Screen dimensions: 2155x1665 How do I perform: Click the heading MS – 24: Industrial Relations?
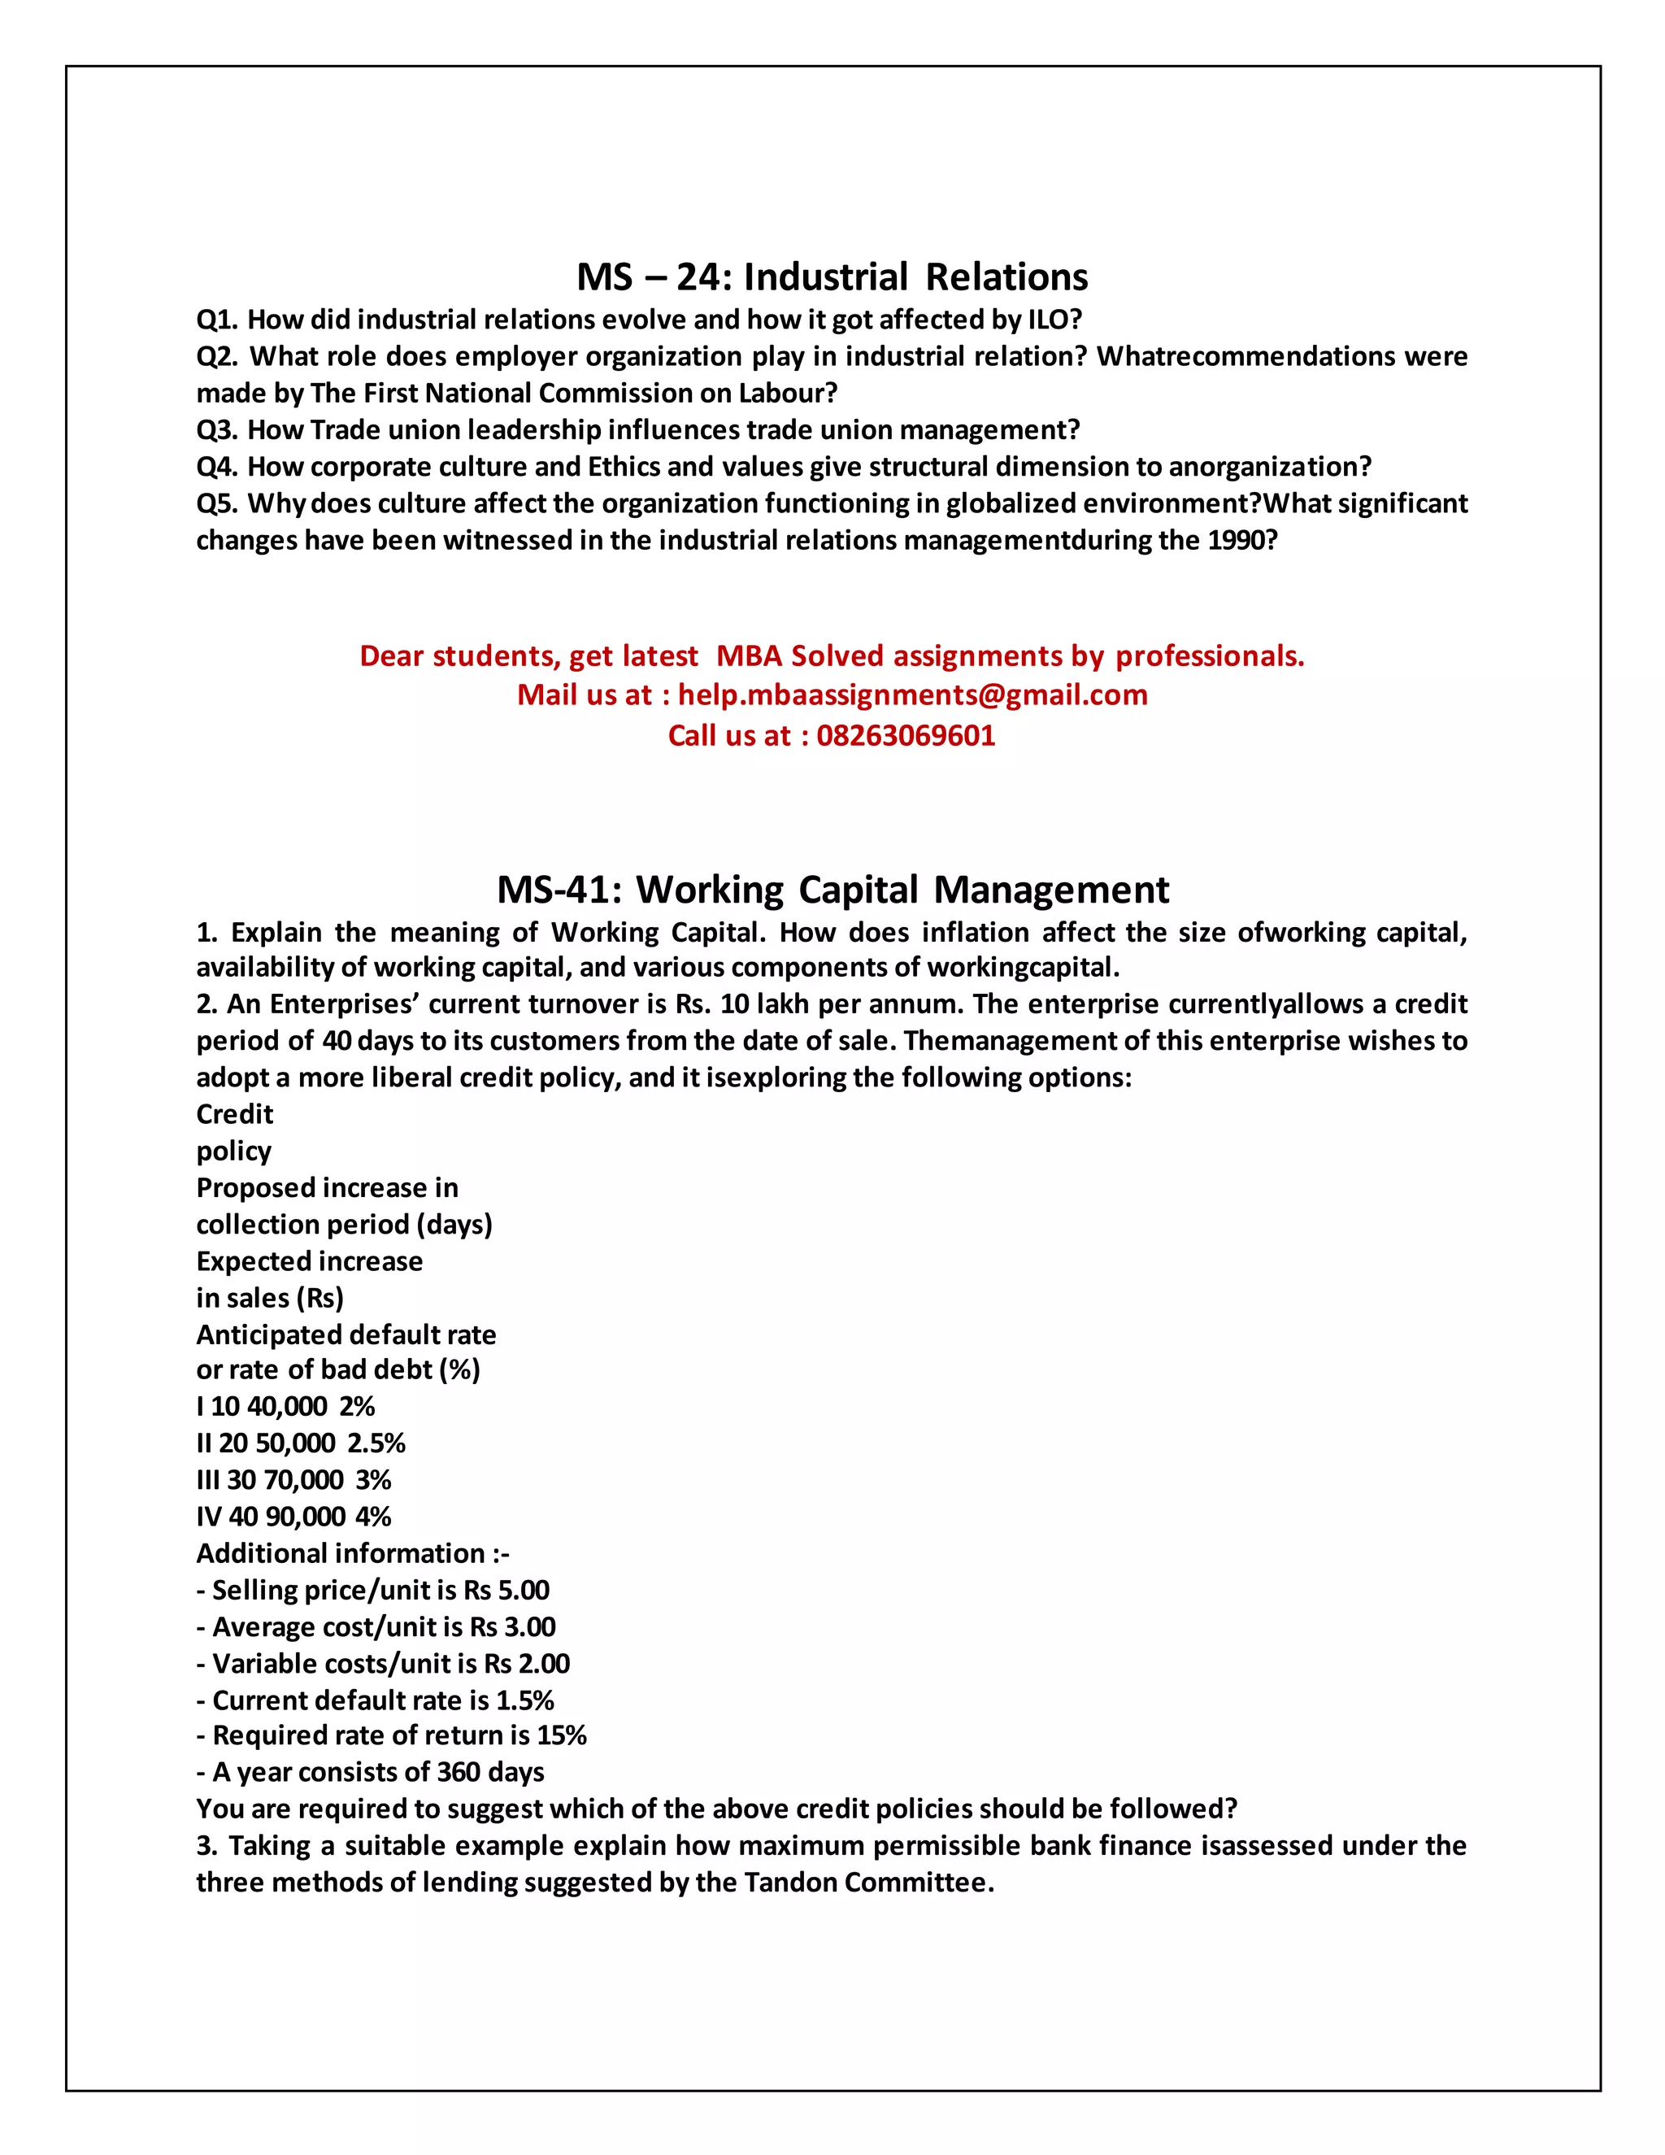pyautogui.click(x=832, y=277)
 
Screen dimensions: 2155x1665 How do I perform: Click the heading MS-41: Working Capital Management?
pyautogui.click(x=832, y=890)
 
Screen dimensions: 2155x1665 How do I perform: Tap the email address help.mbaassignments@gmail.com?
pyautogui.click(x=912, y=694)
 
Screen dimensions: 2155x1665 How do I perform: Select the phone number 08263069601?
pyautogui.click(x=906, y=735)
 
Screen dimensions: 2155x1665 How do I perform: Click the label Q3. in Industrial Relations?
pyautogui.click(x=217, y=430)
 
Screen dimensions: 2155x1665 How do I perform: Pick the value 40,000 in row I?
pyautogui.click(x=287, y=1407)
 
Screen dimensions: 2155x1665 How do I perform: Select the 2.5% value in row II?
pyautogui.click(x=376, y=1443)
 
